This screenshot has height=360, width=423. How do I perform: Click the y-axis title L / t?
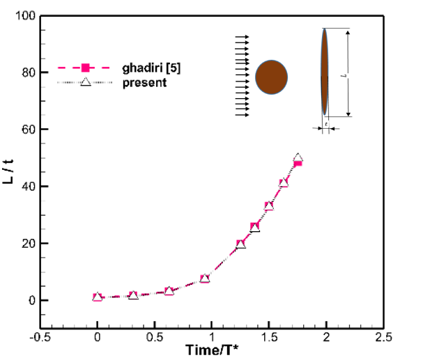point(9,169)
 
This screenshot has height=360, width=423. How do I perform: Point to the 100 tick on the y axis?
point(26,15)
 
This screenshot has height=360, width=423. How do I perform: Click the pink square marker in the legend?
point(84,68)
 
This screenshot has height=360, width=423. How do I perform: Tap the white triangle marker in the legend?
point(84,82)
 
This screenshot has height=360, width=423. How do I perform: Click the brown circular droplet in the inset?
point(272,76)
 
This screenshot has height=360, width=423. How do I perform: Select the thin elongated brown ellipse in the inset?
point(325,72)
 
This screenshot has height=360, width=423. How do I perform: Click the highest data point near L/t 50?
point(298,159)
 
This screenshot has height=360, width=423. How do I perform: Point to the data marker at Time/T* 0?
point(98,297)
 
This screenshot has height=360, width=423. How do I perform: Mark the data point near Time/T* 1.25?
point(240,244)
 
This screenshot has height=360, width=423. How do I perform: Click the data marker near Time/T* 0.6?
point(169,291)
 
